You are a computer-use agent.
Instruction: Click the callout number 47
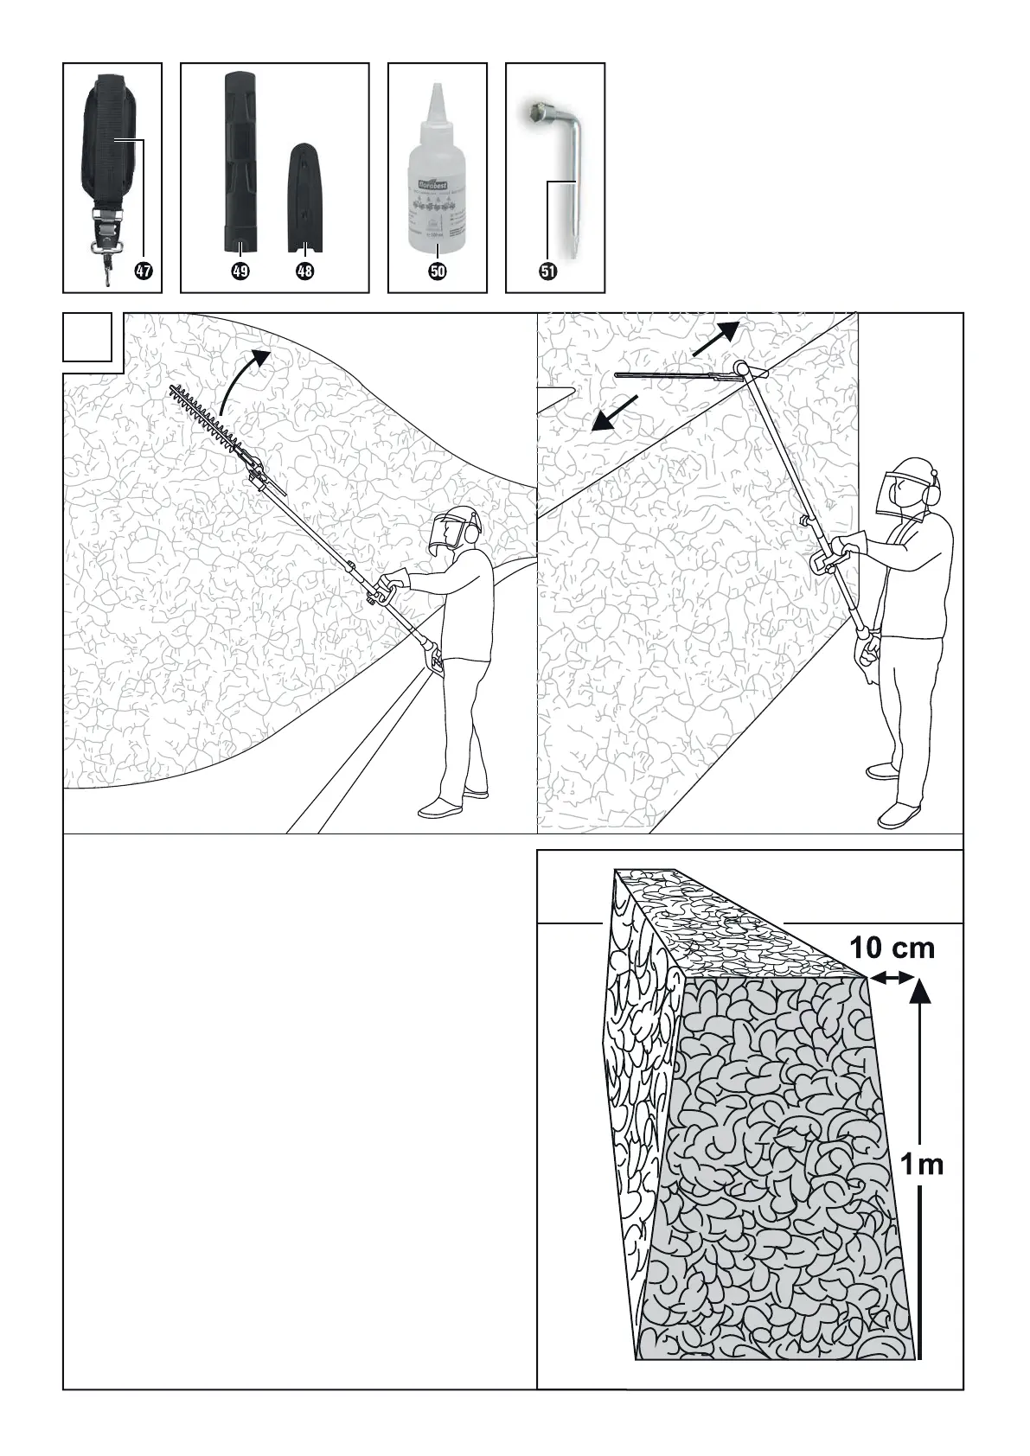coord(143,271)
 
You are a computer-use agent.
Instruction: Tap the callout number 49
coord(240,271)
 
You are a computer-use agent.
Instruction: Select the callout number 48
coord(304,271)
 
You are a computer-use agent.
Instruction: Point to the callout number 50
coord(438,271)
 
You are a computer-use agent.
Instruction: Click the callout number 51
coord(547,271)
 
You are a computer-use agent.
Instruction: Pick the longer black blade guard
coord(240,160)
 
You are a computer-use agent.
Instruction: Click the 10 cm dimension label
coord(892,948)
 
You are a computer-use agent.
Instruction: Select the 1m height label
coord(922,1165)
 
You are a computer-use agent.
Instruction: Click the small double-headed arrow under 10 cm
coord(892,978)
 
